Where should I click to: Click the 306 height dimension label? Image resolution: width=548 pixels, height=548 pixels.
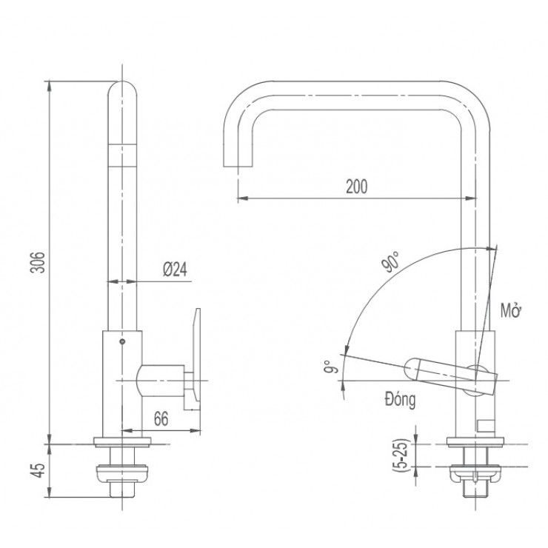pyautogui.click(x=42, y=262)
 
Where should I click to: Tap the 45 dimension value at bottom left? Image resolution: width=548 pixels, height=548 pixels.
pyautogui.click(x=42, y=470)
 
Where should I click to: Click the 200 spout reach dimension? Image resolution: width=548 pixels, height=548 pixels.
pyautogui.click(x=356, y=187)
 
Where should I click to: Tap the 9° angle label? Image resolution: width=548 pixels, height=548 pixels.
pyautogui.click(x=336, y=365)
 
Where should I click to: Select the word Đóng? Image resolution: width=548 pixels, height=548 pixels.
pyautogui.click(x=400, y=400)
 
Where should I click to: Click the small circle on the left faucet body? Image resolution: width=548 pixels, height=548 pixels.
pyautogui.click(x=122, y=343)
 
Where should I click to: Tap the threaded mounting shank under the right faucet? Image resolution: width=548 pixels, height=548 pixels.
pyautogui.click(x=475, y=486)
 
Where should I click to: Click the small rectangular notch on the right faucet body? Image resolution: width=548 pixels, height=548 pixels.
pyautogui.click(x=485, y=425)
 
